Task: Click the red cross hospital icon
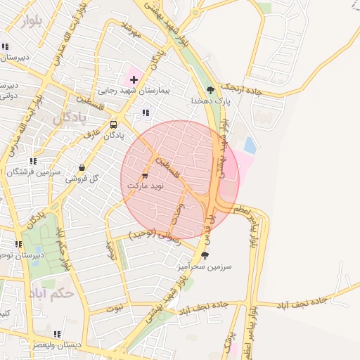coord(134,80)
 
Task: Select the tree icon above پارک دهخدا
coord(210,90)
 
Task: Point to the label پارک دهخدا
coord(210,101)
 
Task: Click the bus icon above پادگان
coord(114,124)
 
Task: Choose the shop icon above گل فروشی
coord(82,168)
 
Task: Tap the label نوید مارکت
coord(145,185)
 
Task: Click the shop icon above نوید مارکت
coord(146,175)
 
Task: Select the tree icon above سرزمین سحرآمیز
coord(205,256)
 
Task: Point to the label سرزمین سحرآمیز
coord(205,266)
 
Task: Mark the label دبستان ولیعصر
coord(56,345)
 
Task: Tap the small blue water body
coord(250,146)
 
